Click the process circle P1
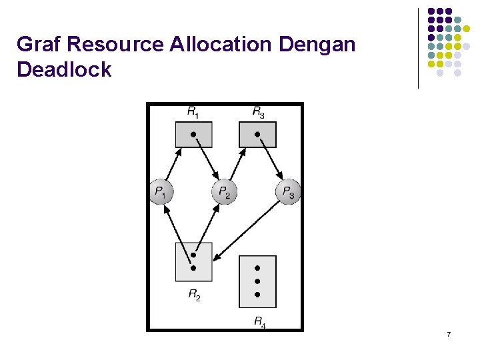pos(160,193)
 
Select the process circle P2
pos(224,193)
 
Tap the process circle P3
pos(287,193)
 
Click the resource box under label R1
pos(193,135)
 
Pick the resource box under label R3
pos(257,135)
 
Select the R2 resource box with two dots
pos(193,262)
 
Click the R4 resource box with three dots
pos(257,281)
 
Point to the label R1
pos(192,113)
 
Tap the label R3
pos(258,113)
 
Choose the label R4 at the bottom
pos(260,322)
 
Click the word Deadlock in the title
pos(64,69)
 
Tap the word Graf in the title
pos(39,45)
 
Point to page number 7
pos(449,333)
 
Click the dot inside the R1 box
pos(193,135)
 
